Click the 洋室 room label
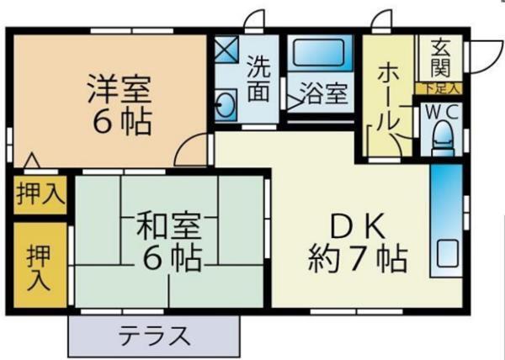pyautogui.click(x=119, y=89)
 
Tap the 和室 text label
pyautogui.click(x=168, y=226)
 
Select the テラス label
pyautogui.click(x=155, y=336)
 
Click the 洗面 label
pyautogui.click(x=259, y=78)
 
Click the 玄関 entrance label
pyautogui.click(x=440, y=56)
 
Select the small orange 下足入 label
pyautogui.click(x=439, y=87)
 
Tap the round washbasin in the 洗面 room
pyautogui.click(x=226, y=107)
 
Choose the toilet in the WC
pyautogui.click(x=442, y=140)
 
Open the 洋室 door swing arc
pyautogui.click(x=194, y=152)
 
